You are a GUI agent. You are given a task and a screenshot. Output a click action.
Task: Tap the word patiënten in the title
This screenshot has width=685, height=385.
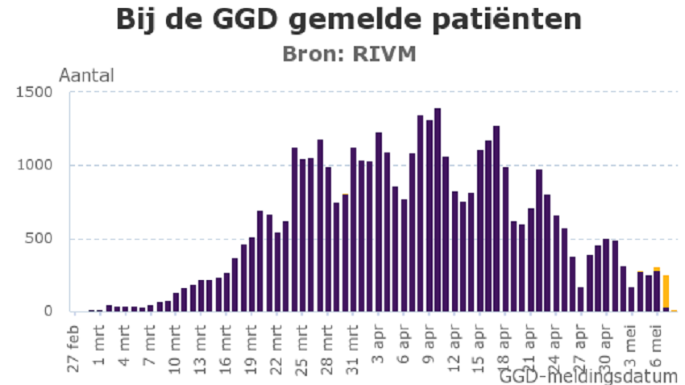point(504,19)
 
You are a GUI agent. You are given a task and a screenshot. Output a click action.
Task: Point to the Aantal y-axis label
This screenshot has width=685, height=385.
point(87,75)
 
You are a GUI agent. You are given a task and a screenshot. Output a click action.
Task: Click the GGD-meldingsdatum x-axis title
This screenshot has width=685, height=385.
point(588,375)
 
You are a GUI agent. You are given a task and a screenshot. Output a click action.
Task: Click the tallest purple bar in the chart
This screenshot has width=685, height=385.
point(437,210)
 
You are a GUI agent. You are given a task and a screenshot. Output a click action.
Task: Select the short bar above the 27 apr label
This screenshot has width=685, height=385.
point(580,299)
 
